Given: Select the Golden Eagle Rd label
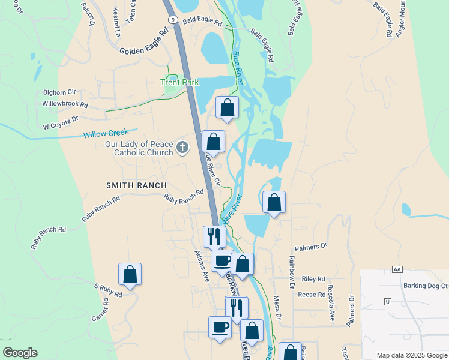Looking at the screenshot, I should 143,51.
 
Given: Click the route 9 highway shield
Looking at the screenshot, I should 173,20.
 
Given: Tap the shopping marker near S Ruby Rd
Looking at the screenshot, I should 130,274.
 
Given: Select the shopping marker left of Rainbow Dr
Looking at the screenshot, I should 274,202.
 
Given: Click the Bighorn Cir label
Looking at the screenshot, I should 59,92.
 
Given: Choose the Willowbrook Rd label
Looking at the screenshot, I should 65,104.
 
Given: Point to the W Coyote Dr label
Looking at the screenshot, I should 61,127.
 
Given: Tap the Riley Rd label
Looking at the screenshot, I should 313,279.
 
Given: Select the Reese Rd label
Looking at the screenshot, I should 312,295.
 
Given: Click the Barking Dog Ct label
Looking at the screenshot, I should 426,286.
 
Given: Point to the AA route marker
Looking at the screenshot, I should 397,269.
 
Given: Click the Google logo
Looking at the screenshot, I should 20,353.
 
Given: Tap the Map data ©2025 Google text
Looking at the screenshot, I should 411,355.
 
